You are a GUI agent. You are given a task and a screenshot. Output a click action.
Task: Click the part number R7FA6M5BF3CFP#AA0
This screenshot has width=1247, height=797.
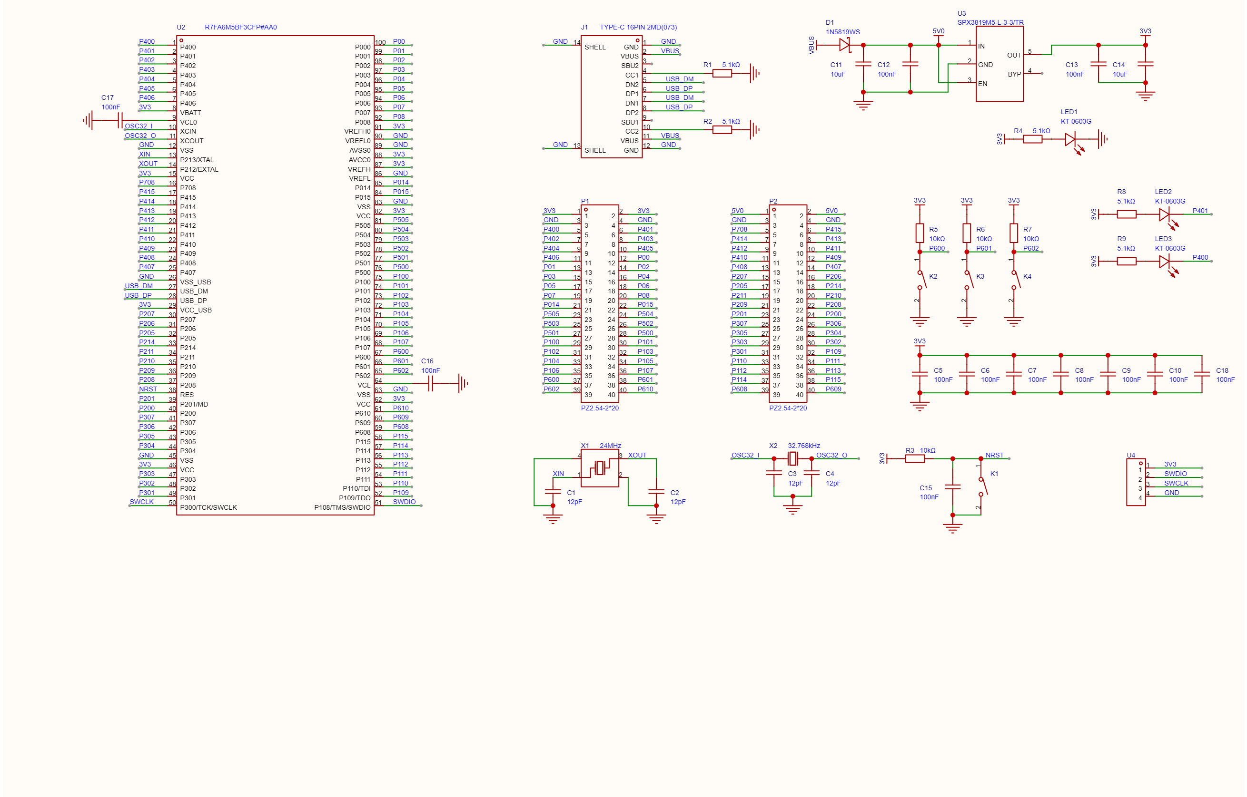click(241, 28)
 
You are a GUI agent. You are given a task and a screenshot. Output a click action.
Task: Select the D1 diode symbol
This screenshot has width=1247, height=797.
click(845, 45)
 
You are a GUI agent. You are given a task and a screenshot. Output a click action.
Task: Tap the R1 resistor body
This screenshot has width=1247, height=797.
click(722, 74)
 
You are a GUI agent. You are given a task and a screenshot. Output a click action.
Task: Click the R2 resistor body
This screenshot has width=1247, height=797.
click(722, 130)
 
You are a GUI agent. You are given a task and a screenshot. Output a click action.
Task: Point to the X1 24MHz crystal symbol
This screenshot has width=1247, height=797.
click(600, 468)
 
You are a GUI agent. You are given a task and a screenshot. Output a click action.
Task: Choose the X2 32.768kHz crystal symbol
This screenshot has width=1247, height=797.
click(792, 458)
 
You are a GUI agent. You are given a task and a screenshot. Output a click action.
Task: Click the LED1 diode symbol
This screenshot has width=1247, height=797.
click(1071, 139)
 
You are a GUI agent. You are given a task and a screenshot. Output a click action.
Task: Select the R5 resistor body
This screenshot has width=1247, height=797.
click(920, 233)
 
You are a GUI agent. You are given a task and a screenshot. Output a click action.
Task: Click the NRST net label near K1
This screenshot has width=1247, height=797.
click(994, 456)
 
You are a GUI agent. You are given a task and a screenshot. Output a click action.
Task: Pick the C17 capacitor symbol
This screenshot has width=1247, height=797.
click(120, 121)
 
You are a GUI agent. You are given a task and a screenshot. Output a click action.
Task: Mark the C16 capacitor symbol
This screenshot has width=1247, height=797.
click(430, 383)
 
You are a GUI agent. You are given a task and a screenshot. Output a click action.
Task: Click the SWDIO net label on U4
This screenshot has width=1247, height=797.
click(1176, 474)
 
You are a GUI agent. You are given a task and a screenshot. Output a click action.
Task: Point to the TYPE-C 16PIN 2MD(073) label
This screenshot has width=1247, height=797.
click(638, 28)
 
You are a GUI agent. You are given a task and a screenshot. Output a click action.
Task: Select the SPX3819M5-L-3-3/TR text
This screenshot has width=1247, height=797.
click(990, 23)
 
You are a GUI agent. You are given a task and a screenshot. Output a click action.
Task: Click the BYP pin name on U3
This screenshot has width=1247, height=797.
click(1014, 75)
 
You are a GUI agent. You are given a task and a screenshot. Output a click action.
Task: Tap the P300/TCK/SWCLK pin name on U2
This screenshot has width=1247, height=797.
click(208, 508)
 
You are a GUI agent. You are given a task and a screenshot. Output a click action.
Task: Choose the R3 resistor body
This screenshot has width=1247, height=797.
click(915, 458)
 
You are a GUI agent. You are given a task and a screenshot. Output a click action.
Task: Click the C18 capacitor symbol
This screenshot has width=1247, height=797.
click(1202, 374)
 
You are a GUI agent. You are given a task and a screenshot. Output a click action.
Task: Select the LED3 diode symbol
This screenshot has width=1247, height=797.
click(1165, 262)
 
